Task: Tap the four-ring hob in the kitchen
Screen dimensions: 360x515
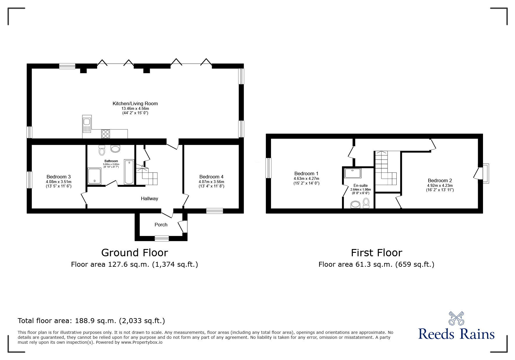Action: click(105, 134)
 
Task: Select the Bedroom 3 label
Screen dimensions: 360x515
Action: click(58, 177)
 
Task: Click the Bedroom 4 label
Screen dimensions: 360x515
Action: click(211, 177)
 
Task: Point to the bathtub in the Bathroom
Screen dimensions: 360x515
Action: click(129, 172)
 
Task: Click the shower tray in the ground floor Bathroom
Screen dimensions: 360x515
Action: click(94, 176)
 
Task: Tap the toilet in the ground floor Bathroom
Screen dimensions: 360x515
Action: click(102, 151)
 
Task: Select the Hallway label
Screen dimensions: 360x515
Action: click(149, 198)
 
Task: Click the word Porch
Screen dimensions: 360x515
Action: click(161, 225)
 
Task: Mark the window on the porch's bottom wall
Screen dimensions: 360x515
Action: click(162, 239)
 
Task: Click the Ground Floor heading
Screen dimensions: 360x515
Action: click(134, 253)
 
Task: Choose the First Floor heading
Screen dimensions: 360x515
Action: click(376, 253)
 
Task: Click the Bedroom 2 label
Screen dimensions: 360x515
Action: click(440, 180)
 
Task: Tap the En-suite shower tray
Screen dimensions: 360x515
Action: click(353, 173)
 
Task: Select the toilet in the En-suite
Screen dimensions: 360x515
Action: click(366, 203)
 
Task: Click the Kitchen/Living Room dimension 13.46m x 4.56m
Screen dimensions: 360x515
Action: click(135, 108)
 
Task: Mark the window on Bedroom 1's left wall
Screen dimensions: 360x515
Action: click(268, 168)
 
